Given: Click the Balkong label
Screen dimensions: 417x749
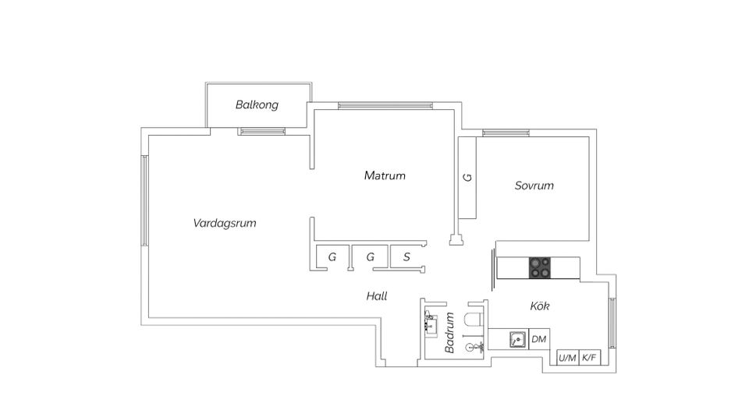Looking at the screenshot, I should tap(257, 104).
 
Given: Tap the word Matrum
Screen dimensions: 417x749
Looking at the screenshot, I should tap(385, 175).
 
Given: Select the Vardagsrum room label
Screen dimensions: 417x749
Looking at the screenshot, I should tap(225, 223).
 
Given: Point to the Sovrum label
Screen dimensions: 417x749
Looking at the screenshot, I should tap(534, 186).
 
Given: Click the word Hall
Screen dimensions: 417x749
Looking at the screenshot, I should tap(377, 296).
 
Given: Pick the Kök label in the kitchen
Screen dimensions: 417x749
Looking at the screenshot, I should tap(540, 306).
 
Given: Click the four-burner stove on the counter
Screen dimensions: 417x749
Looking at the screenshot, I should tap(539, 267).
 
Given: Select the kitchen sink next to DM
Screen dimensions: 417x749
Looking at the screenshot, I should tap(516, 339).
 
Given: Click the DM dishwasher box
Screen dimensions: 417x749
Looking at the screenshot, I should tap(538, 339).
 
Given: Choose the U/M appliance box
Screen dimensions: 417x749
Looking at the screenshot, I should tap(567, 358).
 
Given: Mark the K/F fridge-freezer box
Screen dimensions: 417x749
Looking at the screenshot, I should tap(589, 358).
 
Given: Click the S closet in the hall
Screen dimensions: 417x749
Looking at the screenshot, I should tap(406, 256).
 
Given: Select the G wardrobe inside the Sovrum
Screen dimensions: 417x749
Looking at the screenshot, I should tap(467, 178).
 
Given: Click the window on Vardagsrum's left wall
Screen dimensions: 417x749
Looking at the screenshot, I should tap(144, 201).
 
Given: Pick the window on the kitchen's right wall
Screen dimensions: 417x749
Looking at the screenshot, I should tap(612, 322).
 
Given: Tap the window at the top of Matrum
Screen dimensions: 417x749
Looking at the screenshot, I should tap(385, 105).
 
